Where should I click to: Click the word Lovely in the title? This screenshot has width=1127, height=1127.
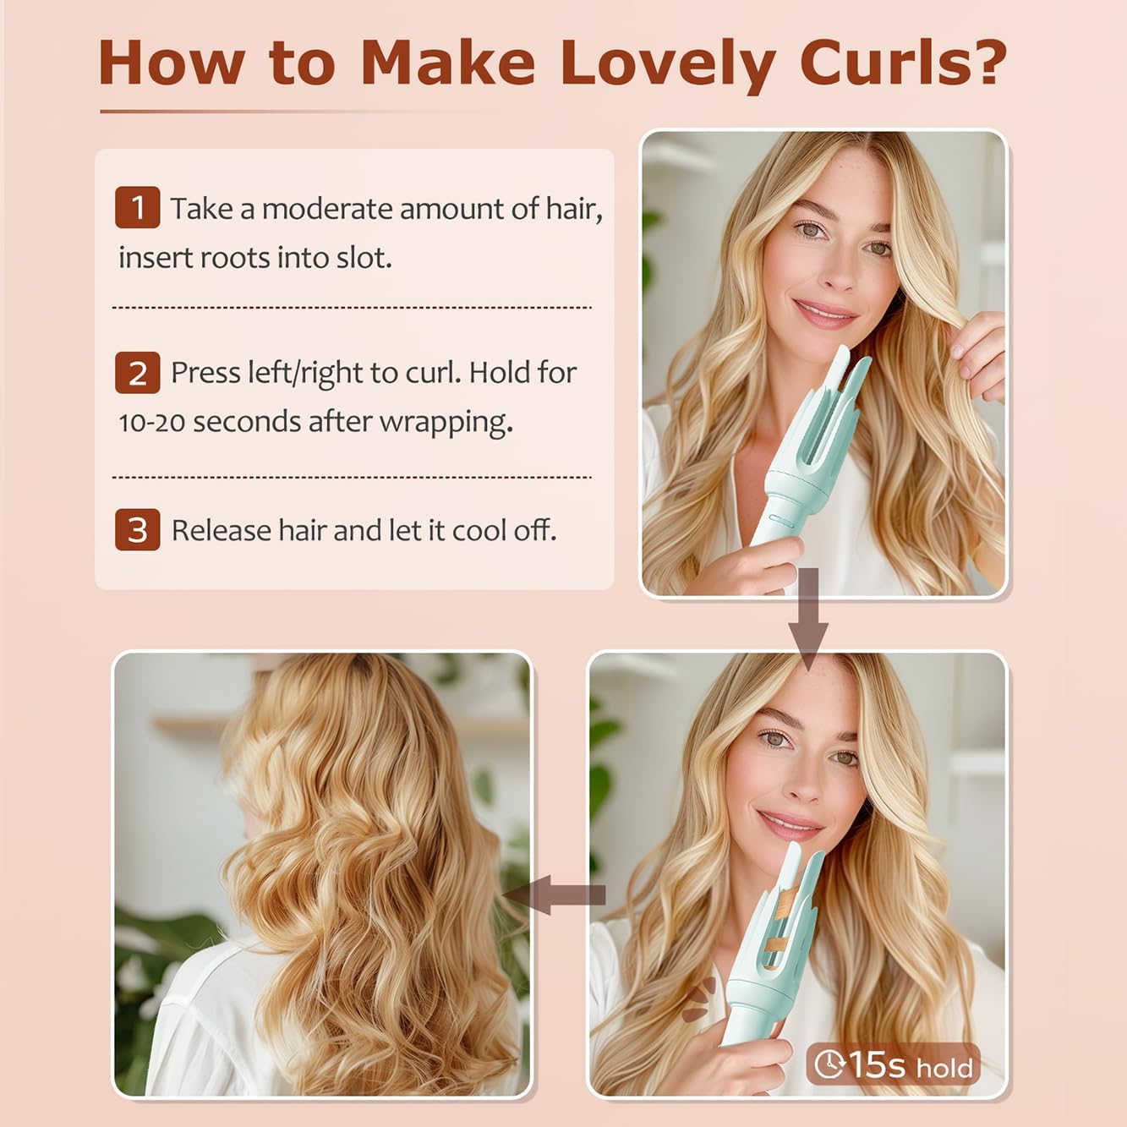click(669, 64)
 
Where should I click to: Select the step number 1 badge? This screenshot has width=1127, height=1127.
click(138, 207)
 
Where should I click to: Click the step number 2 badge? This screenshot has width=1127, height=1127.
click(138, 373)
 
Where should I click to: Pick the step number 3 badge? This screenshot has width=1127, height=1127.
click(138, 530)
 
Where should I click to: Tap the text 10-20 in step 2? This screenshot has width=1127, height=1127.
click(152, 422)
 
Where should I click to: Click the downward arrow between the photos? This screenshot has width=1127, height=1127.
click(808, 620)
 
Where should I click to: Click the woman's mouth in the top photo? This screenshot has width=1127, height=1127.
click(823, 312)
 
